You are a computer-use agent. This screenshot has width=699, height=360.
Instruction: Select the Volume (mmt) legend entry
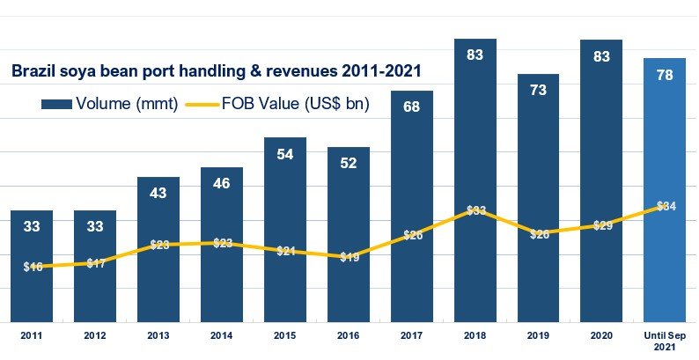point(110,104)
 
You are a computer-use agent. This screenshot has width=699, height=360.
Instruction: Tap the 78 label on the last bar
point(666,75)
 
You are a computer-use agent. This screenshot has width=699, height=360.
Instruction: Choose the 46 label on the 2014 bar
point(222,184)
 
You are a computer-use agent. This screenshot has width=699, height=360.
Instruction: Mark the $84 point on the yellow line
point(666,206)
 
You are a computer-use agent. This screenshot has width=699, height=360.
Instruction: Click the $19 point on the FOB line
point(349,257)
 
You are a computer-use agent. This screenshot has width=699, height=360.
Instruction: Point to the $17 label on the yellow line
point(95,262)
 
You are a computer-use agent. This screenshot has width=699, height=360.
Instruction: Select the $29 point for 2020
point(602,225)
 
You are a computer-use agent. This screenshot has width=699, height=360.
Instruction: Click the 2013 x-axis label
point(158,335)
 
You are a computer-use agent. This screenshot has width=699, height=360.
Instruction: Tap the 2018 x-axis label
point(475,335)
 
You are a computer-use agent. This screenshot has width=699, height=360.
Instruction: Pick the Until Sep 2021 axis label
point(666,341)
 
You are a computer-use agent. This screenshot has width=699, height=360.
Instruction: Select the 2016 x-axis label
point(349,335)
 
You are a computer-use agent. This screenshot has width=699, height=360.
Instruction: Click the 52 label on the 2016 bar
point(349,164)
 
